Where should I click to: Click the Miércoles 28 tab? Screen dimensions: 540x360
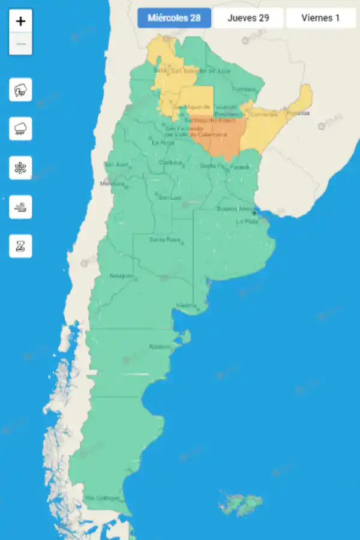click(174, 18)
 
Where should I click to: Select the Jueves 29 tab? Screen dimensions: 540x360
click(248, 18)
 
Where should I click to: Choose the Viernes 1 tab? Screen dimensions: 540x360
click(320, 18)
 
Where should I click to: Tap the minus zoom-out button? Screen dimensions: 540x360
click(21, 44)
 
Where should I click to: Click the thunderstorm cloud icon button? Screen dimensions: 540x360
click(21, 91)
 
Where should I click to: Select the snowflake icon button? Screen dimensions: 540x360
click(21, 168)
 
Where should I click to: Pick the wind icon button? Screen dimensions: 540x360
click(21, 207)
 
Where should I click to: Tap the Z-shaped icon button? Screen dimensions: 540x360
click(21, 246)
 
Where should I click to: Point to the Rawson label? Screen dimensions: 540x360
click(160, 347)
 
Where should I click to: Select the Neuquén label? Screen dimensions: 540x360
click(121, 276)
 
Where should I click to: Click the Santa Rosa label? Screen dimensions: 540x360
click(164, 239)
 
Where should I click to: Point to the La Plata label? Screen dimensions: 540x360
click(247, 221)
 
